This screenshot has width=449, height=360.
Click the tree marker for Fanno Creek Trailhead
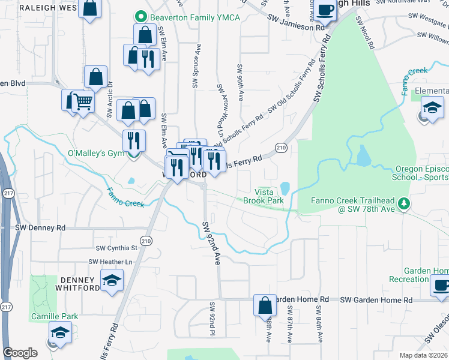click(x=405, y=205)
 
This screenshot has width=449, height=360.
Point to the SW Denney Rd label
click(x=40, y=228)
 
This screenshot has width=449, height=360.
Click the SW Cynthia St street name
click(x=116, y=247)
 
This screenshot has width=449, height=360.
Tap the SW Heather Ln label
click(x=110, y=262)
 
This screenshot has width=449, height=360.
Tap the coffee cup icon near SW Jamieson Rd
click(x=326, y=10)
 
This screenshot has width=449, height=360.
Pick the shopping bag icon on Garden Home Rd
click(x=264, y=305)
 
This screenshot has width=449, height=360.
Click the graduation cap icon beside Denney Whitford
click(x=112, y=280)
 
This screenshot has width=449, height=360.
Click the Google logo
click(x=19, y=353)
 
